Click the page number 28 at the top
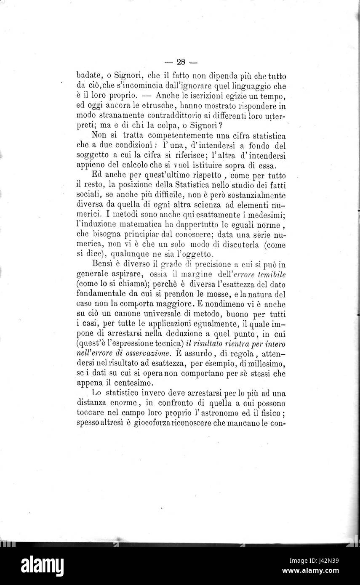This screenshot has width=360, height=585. tap(181, 62)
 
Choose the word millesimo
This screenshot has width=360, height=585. tap(265, 363)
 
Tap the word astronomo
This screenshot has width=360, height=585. tap(232, 412)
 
